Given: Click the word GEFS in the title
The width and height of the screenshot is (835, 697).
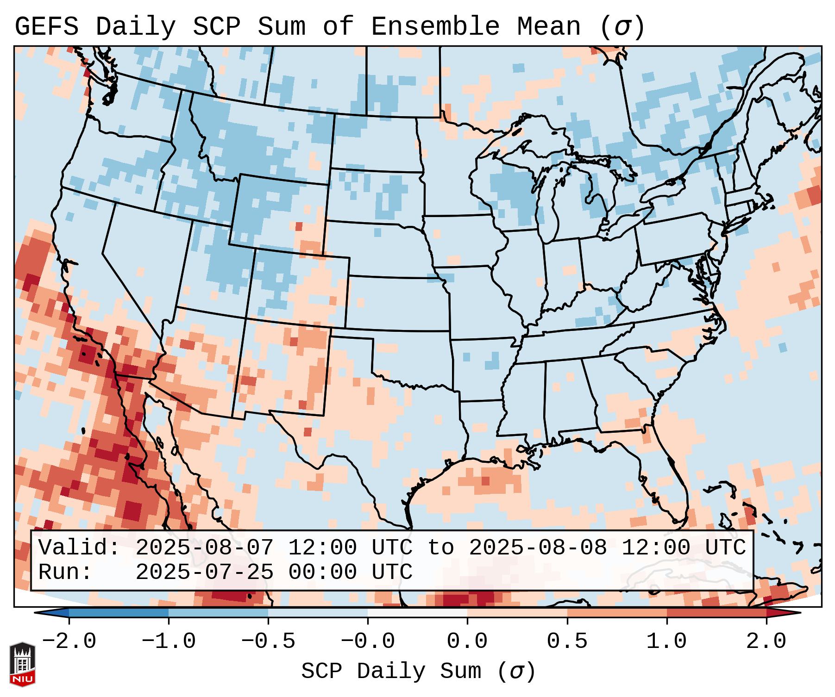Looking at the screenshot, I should click(46, 26).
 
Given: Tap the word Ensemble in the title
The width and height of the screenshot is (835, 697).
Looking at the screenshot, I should click(435, 26).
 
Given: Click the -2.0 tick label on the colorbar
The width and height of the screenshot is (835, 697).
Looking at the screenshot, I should click(69, 641).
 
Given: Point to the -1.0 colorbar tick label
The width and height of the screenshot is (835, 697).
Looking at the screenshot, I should click(169, 641).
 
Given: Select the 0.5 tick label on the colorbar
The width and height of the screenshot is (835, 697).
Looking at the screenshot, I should click(567, 641).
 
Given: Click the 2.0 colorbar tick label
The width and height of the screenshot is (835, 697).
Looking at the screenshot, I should click(766, 641).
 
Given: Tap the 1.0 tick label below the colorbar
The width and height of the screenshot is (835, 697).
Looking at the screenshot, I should click(666, 641).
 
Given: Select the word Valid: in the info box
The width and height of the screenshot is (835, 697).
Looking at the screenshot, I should click(79, 548).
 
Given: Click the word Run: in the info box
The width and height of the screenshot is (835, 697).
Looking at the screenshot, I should click(65, 572).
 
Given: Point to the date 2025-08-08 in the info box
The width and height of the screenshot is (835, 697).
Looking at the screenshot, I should click(538, 548).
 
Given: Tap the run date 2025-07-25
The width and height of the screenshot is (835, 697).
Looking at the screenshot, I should click(204, 572).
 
